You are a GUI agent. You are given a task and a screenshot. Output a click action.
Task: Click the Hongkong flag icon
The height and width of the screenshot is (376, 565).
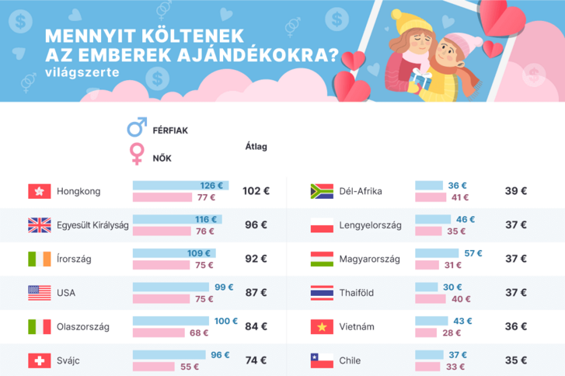(39, 191)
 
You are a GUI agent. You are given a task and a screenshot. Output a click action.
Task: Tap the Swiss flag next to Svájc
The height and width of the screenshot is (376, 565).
(39, 361)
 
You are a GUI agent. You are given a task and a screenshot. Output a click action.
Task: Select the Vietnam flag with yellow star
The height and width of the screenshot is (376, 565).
(322, 327)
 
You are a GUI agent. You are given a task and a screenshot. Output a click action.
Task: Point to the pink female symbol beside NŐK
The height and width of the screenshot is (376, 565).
(137, 152)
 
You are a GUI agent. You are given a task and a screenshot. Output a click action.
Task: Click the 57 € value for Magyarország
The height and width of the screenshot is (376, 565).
(473, 253)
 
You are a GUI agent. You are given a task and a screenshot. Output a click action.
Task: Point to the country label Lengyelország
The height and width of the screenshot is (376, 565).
(370, 225)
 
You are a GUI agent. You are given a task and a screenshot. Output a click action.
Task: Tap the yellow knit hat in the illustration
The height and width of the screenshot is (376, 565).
(406, 17)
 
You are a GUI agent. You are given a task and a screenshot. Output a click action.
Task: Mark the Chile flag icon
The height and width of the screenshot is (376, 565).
(322, 361)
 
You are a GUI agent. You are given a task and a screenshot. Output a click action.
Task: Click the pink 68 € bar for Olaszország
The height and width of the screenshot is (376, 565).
(159, 332)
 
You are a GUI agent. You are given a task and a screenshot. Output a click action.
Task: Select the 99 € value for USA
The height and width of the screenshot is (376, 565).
(224, 287)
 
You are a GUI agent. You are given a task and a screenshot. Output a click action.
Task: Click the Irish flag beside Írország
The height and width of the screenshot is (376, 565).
(39, 259)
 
